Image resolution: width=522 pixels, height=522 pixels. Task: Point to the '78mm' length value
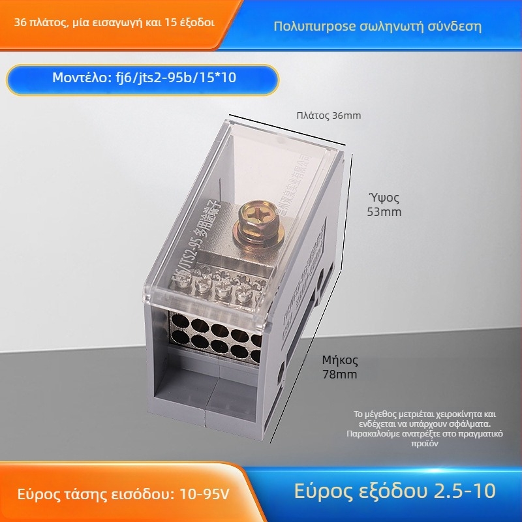pyautogui.click(x=339, y=375)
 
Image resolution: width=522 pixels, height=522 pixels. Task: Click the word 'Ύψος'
pyautogui.click(x=382, y=197)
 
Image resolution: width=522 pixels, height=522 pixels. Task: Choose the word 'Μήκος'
pyautogui.click(x=340, y=360)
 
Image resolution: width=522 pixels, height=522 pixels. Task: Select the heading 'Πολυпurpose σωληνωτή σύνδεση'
pyautogui.click(x=378, y=27)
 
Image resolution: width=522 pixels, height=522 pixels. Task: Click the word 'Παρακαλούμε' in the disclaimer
pyautogui.click(x=375, y=433)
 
